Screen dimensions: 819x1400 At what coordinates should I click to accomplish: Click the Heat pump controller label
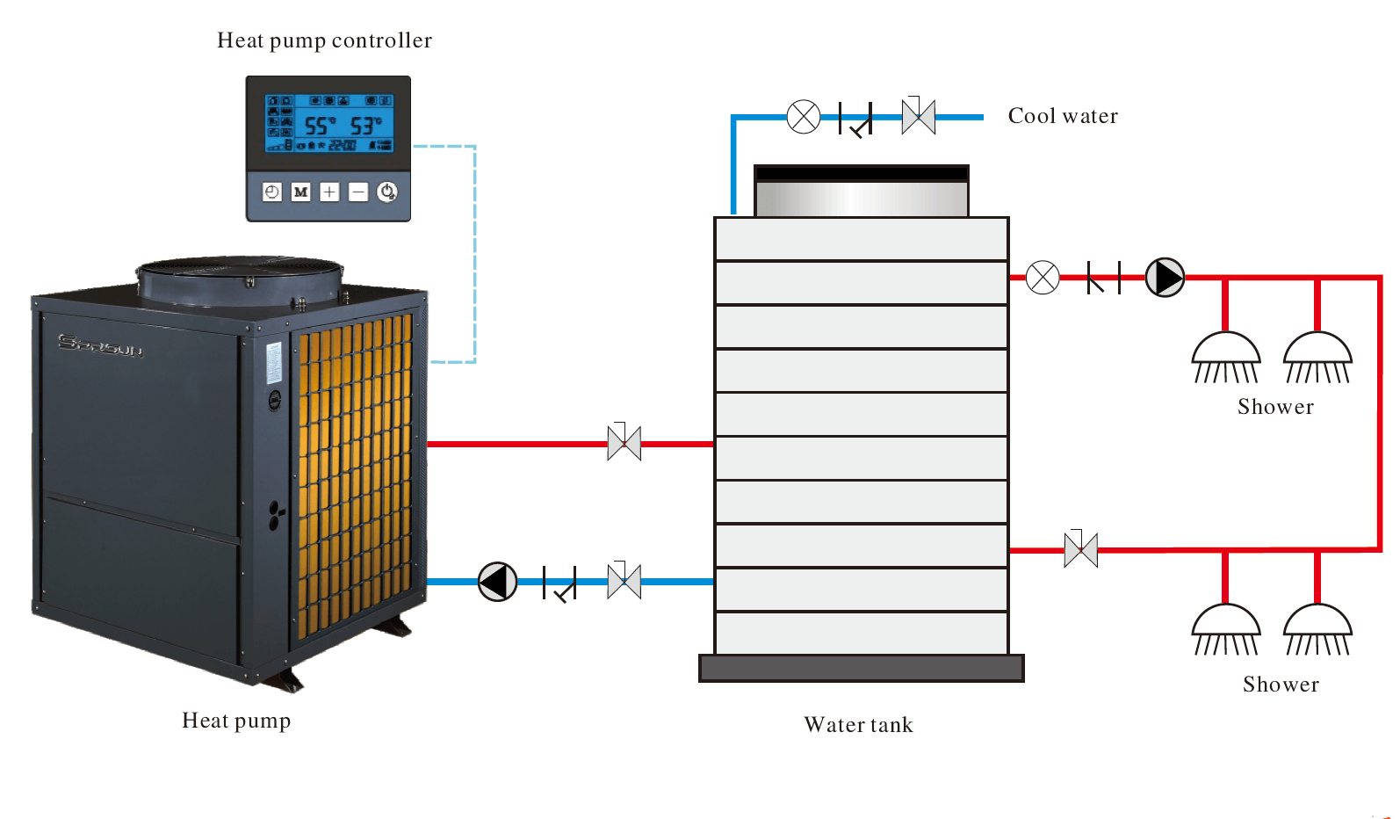(x=324, y=40)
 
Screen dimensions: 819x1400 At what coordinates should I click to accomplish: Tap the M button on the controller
(x=300, y=192)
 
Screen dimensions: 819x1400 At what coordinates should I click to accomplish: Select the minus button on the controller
(x=358, y=192)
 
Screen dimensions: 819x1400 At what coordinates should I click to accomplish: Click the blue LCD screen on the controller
(x=329, y=123)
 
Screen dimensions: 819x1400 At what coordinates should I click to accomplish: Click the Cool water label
(x=1063, y=116)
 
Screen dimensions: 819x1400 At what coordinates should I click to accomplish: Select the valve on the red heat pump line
(x=624, y=444)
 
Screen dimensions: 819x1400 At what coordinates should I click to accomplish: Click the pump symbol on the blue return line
(x=497, y=582)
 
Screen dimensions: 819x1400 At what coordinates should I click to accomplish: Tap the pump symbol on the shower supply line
(x=1165, y=278)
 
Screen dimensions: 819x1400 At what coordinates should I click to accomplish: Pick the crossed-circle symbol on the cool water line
(x=804, y=117)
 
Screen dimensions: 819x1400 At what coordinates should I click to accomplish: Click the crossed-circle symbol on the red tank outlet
(x=1043, y=278)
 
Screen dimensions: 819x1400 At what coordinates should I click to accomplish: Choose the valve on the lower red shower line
(x=1081, y=550)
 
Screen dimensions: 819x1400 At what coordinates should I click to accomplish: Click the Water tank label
(x=858, y=725)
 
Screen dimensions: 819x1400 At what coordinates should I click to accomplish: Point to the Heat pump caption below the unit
(x=236, y=721)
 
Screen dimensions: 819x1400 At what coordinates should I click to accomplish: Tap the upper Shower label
(x=1275, y=407)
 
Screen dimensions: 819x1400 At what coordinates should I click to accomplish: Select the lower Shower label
(x=1281, y=685)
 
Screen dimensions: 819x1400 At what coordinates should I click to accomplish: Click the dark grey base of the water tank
(x=861, y=668)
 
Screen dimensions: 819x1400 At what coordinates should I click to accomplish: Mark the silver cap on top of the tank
(x=862, y=197)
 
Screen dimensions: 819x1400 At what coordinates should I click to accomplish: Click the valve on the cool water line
(x=919, y=117)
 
